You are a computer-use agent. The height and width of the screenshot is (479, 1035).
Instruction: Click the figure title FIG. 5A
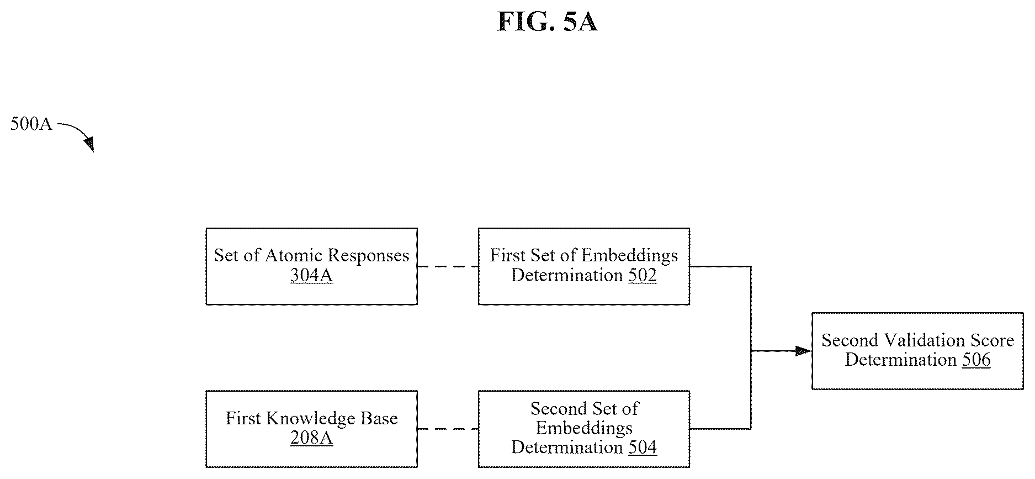point(547,22)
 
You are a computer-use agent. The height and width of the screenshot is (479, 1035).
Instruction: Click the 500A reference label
point(31,124)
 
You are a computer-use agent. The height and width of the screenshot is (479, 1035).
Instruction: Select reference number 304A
point(311,275)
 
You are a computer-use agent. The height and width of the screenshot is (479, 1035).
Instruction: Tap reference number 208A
point(311,438)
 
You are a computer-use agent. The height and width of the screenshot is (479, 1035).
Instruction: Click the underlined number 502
point(643,275)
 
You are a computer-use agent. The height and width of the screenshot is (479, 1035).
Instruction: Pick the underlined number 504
point(643,447)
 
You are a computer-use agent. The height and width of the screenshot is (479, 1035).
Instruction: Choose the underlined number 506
point(976,360)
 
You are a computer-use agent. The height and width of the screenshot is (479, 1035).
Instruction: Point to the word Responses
point(368,256)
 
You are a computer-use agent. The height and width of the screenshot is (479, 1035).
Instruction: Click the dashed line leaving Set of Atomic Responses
point(448,267)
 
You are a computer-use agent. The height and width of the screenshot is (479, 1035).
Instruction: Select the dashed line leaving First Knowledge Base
point(448,429)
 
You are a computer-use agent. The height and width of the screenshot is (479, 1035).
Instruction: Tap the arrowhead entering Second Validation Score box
point(803,351)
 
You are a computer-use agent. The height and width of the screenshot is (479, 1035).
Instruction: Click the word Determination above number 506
point(901,360)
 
